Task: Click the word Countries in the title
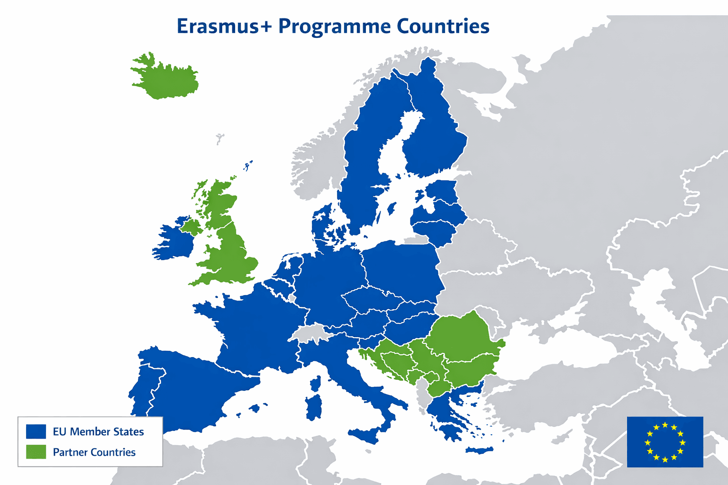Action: pos(443,26)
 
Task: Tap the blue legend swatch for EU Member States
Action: pos(36,431)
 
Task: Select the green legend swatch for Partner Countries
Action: pos(36,452)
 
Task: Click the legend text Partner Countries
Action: pos(94,452)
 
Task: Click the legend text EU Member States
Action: pos(98,431)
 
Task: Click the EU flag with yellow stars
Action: pos(665,442)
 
